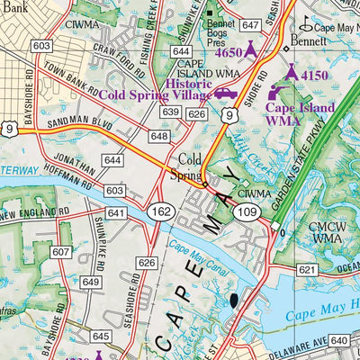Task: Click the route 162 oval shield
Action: (163, 210)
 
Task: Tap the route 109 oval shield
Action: (247, 210)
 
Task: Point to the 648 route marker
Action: (160, 136)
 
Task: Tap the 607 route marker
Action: (59, 253)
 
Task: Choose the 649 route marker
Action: (91, 282)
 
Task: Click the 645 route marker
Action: (100, 336)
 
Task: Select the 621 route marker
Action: (307, 270)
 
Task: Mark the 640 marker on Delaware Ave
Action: (339, 340)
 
